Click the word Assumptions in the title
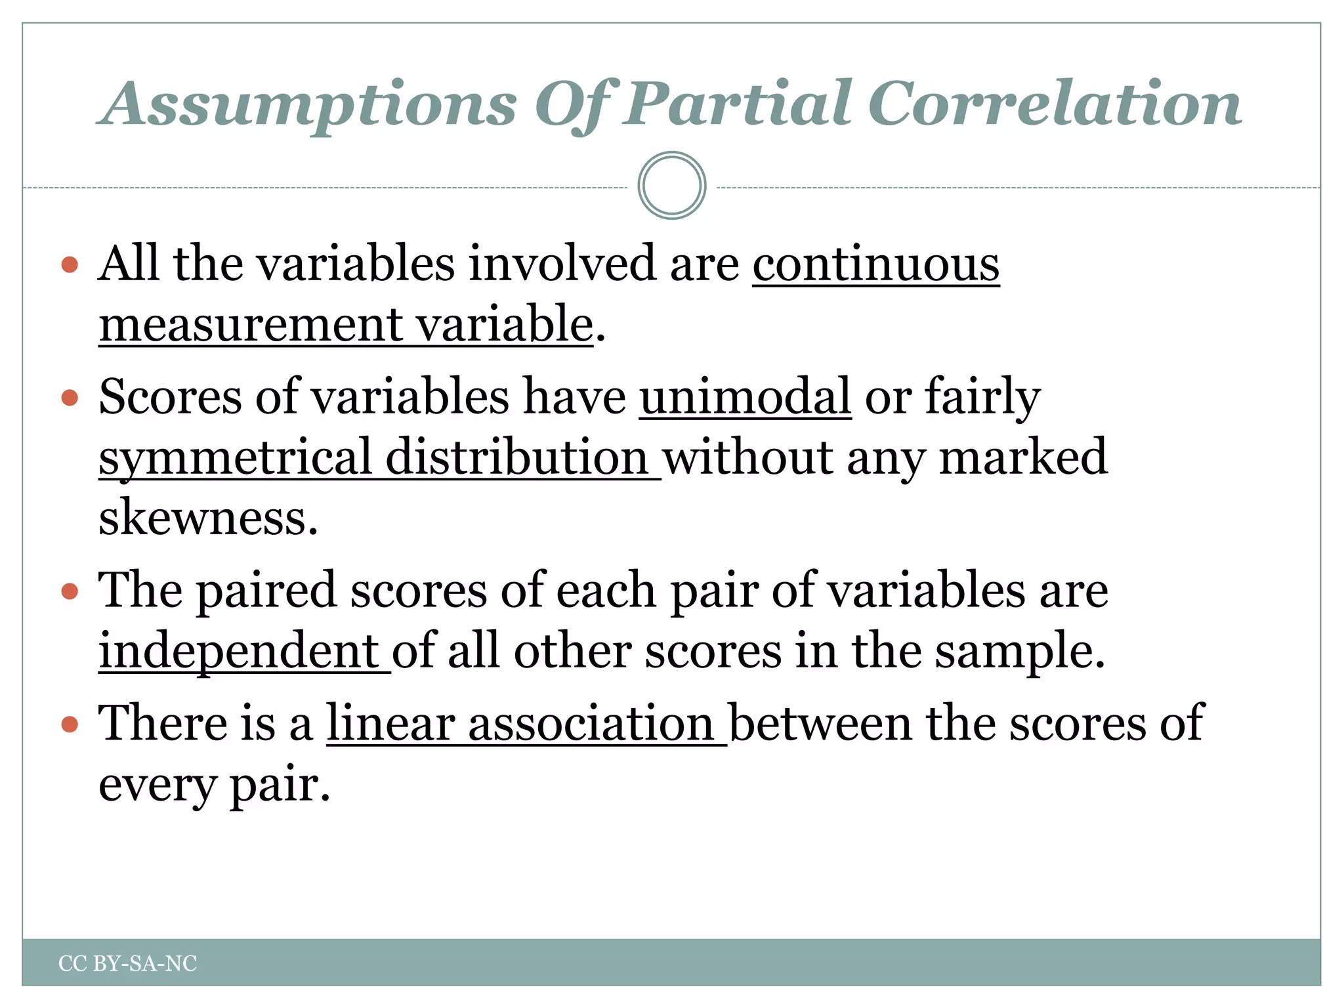pos(308,105)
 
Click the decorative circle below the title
pos(671,186)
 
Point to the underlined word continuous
pos(875,264)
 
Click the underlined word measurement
pos(251,325)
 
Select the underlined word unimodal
pos(745,397)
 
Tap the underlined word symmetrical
pos(235,458)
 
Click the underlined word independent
pos(238,651)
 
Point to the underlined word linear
pos(390,723)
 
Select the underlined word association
pos(591,723)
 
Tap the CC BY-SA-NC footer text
pos(127,963)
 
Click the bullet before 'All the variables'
pos(70,265)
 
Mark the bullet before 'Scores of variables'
pos(70,398)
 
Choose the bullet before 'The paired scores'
pos(70,592)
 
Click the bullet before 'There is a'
pos(70,724)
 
